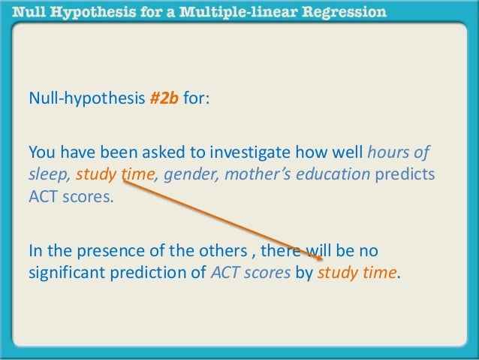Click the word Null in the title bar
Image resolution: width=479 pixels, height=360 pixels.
pyautogui.click(x=26, y=12)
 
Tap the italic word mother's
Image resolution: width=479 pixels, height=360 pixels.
pyautogui.click(x=255, y=176)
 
